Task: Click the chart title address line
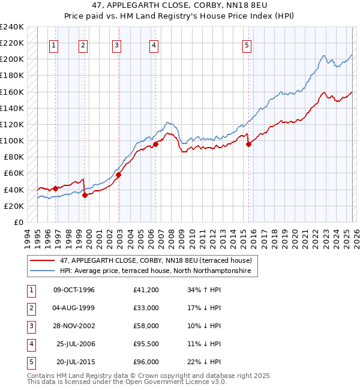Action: pos(179,5)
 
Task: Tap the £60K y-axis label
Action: pos(14,173)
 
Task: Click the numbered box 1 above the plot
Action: pos(54,44)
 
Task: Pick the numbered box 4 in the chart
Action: pos(154,44)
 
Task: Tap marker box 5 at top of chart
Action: pos(247,44)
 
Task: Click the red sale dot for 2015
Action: pos(248,144)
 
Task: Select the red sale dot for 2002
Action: pos(119,175)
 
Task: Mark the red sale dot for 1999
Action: pos(85,195)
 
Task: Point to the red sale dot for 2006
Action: pos(155,144)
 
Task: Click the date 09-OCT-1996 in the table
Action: pos(74,290)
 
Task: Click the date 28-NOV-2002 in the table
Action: pos(74,326)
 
